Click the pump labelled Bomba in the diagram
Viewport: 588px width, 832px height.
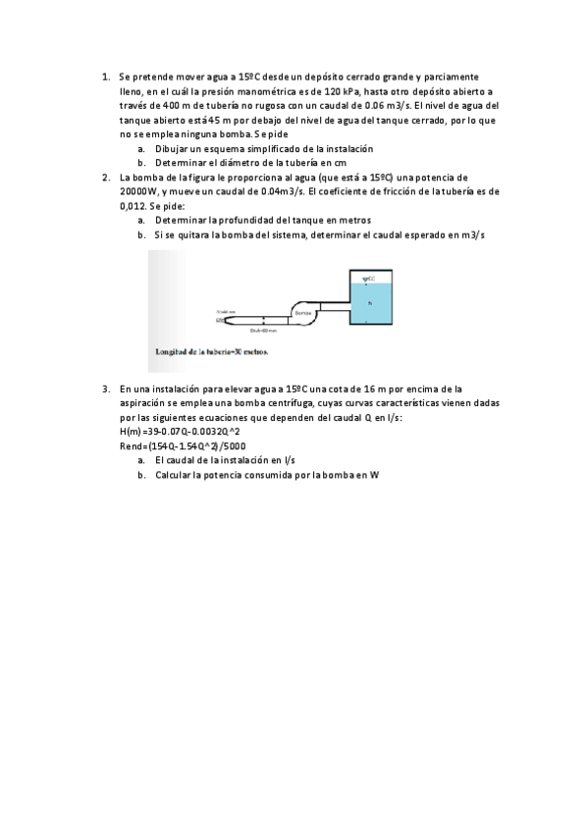[302, 312]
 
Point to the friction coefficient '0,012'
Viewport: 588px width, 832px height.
[133, 207]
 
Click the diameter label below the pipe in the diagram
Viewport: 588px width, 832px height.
[264, 331]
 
